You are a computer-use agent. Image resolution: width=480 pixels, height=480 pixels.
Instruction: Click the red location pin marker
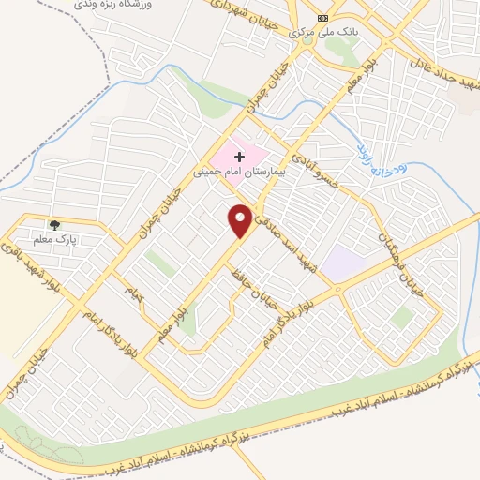click(241, 220)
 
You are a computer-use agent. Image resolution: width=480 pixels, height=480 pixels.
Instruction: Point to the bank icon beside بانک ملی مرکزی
click(323, 18)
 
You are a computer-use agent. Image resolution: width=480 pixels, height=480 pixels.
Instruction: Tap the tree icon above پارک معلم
click(54, 224)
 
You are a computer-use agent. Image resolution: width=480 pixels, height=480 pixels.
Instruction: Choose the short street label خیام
click(137, 293)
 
